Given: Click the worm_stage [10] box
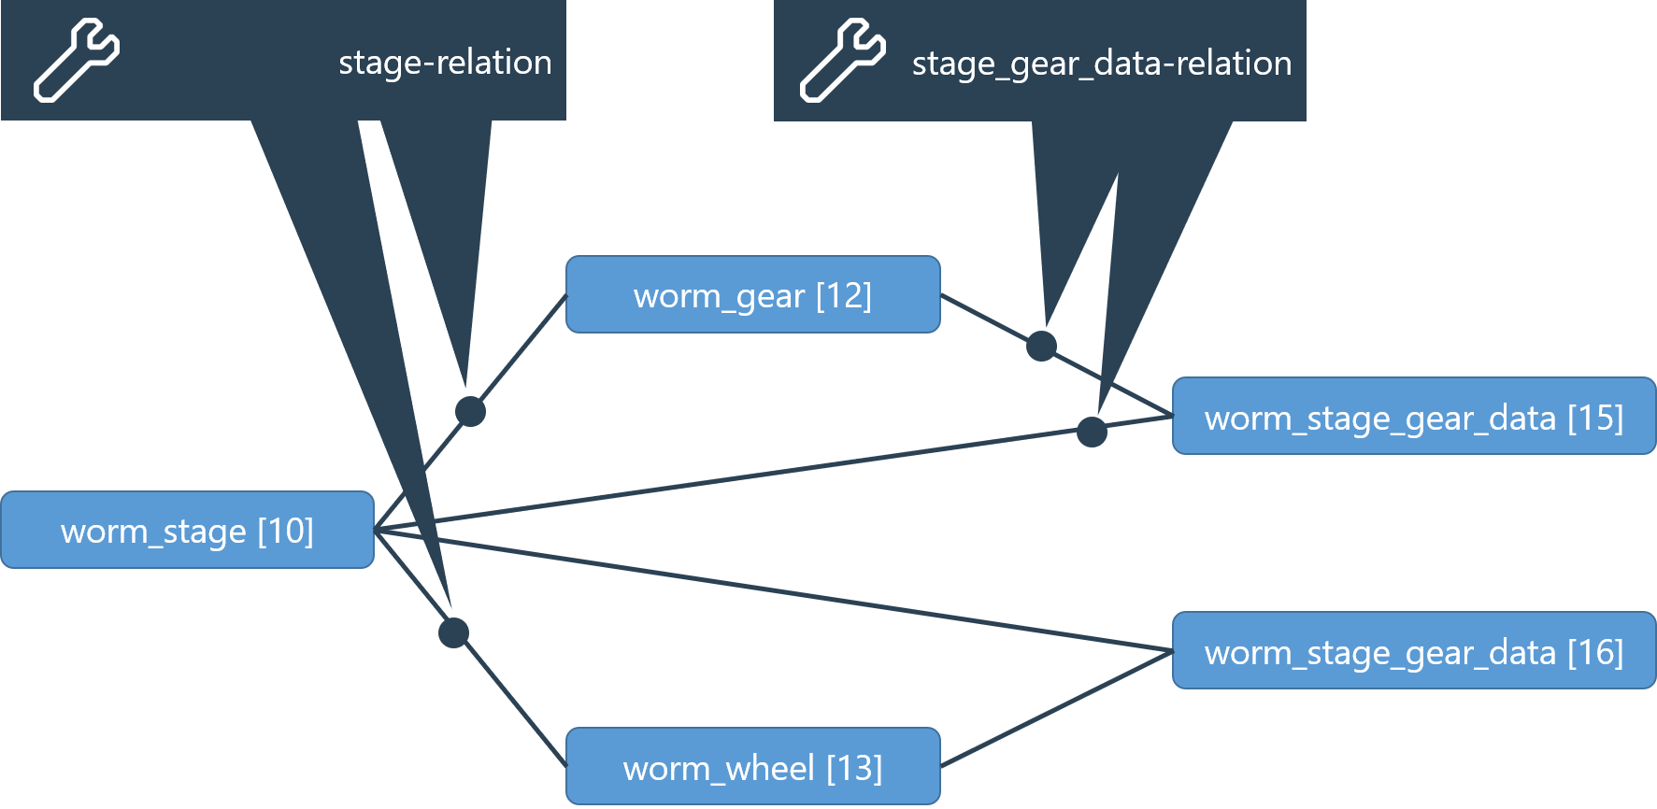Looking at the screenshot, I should click(x=187, y=530).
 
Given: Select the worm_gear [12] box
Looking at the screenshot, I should click(x=752, y=295).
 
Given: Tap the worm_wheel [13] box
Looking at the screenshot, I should click(x=752, y=767).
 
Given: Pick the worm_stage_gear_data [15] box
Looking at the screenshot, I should click(x=1413, y=417).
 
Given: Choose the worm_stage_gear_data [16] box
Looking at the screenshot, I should click(x=1413, y=651).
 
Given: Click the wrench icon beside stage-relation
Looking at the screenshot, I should click(x=77, y=61).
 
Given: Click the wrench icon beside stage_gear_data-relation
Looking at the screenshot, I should click(x=842, y=61).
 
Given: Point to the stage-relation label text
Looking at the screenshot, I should click(x=445, y=63).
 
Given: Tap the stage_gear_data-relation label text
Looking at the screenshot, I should click(x=1101, y=64).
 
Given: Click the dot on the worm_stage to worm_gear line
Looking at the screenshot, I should click(x=470, y=411).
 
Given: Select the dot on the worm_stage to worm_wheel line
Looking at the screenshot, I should click(x=453, y=632).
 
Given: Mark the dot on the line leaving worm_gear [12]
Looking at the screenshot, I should click(x=1041, y=346).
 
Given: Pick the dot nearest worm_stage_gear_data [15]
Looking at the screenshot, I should click(x=1092, y=432).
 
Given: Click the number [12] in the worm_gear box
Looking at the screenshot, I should click(x=843, y=295).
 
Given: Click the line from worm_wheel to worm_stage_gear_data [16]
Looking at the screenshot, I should click(x=1056, y=708).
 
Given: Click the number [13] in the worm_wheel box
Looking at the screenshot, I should click(x=854, y=768).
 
